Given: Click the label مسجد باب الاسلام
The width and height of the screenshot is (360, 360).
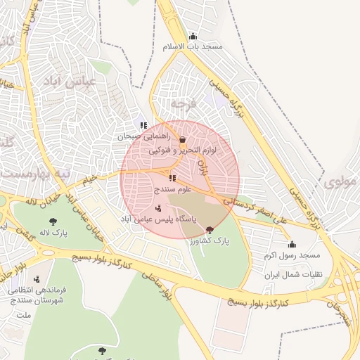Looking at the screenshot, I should pos(193,46).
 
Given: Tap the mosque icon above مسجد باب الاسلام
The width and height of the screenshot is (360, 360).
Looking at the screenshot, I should pos(193,36).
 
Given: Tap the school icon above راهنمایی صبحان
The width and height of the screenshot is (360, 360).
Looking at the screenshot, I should pos(143,126).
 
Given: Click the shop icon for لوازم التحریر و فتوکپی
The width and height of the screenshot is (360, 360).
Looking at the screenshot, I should pos(183,139).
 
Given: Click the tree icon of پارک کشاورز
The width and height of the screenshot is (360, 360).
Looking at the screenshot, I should pos(209,230).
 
